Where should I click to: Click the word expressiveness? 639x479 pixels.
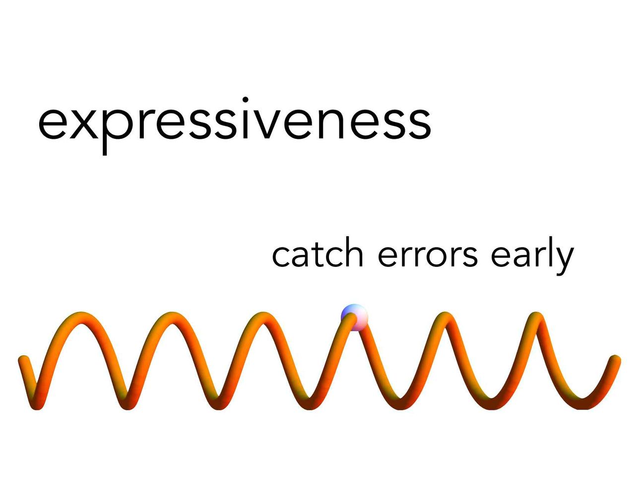pyautogui.click(x=235, y=125)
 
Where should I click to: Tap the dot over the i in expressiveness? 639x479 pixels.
pyautogui.click(x=246, y=100)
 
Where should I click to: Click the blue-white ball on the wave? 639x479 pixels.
pyautogui.click(x=354, y=317)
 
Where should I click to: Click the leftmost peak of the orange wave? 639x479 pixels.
pyautogui.click(x=81, y=317)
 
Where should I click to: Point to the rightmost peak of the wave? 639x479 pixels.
pyautogui.click(x=536, y=317)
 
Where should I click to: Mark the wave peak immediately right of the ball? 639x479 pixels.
pyautogui.click(x=445, y=317)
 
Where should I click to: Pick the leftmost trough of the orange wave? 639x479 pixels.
pyautogui.click(x=37, y=404)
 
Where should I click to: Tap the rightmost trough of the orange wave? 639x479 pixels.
pyautogui.click(x=582, y=404)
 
